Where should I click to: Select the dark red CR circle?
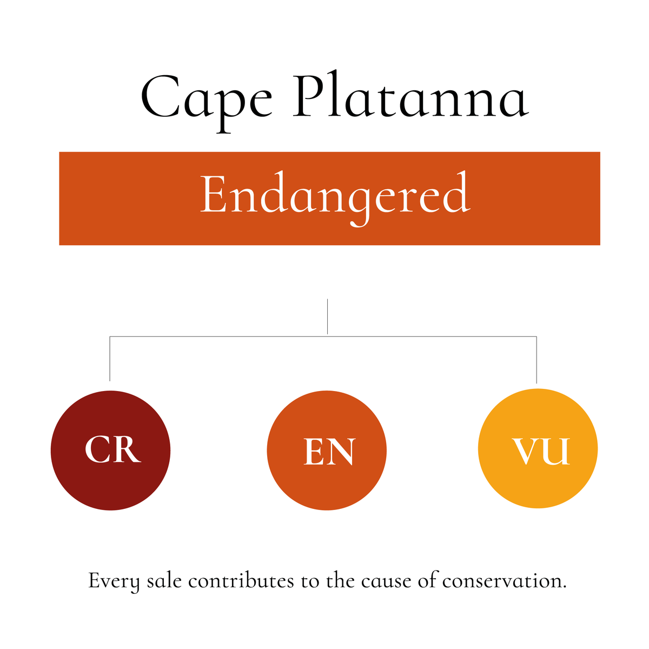click(110, 450)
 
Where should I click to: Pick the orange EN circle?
click(327, 450)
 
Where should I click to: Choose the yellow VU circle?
click(538, 449)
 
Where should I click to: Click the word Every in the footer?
click(114, 582)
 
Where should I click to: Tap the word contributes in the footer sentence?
click(241, 581)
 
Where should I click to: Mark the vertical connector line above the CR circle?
click(110, 360)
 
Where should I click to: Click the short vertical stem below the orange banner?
click(328, 316)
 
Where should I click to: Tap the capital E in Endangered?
click(211, 195)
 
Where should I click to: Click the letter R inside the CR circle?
click(128, 450)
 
